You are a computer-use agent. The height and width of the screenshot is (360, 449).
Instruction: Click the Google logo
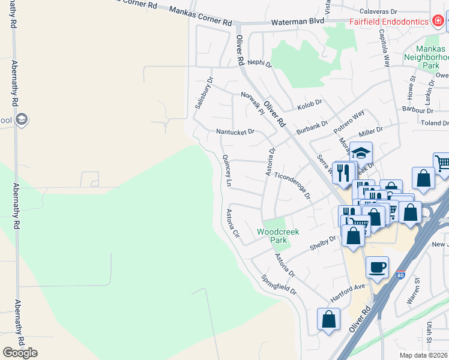(20, 353)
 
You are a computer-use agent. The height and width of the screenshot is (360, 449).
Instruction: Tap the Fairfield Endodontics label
(389, 22)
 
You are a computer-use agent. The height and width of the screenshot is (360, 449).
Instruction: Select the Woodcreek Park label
(278, 235)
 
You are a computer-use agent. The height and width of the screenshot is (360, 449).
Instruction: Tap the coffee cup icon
(377, 268)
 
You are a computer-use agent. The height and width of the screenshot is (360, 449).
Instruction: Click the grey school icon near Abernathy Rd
(22, 119)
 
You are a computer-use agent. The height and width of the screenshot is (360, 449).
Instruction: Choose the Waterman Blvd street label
(297, 22)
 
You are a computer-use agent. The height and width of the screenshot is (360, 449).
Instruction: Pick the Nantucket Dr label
(235, 131)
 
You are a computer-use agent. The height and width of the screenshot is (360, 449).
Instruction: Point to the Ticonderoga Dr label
(292, 186)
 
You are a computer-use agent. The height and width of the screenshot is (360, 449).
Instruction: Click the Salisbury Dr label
(203, 93)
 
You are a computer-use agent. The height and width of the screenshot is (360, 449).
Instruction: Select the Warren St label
(414, 290)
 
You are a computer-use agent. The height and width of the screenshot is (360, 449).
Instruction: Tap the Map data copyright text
(424, 355)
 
